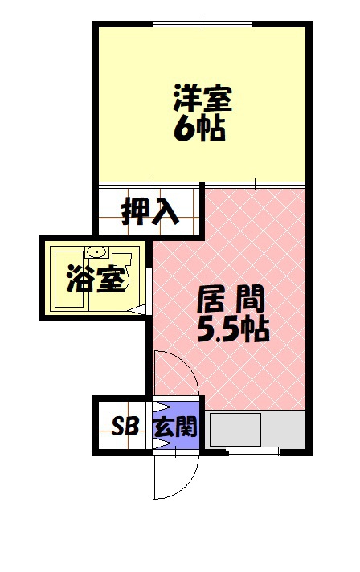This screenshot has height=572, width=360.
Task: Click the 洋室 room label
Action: point(202,98)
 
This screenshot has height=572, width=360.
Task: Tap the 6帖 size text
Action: point(198,130)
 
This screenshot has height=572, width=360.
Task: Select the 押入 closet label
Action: point(150,211)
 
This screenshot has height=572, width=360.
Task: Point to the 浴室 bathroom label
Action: point(96,279)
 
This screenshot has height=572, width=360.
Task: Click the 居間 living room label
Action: point(231,299)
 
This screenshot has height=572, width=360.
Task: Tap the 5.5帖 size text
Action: point(233,330)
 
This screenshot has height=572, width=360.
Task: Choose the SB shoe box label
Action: point(125,426)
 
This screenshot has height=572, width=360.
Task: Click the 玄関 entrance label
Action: point(175,426)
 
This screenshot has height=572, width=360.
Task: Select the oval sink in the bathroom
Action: point(96,251)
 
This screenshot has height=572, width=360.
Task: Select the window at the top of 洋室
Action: point(202,24)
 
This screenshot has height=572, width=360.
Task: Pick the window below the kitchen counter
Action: point(254,452)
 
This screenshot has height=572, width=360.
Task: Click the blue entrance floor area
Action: point(176,426)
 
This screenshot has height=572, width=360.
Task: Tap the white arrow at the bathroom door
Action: point(137,310)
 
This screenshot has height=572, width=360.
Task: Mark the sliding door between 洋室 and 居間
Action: point(255,184)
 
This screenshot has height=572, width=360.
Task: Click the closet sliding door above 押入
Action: point(149,184)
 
